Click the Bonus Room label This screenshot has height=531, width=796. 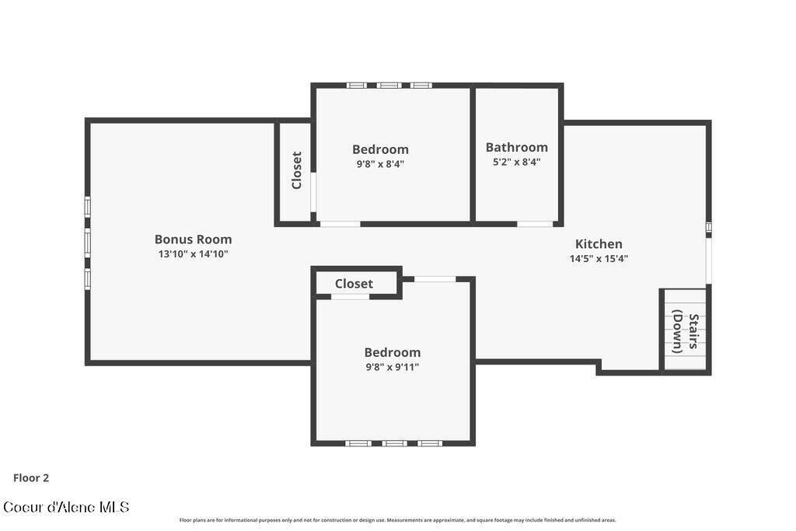pyautogui.click(x=193, y=239)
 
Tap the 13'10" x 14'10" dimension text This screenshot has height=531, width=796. pyautogui.click(x=193, y=254)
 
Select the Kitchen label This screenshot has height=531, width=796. pyautogui.click(x=599, y=244)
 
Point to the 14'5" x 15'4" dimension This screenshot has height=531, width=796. pyautogui.click(x=599, y=259)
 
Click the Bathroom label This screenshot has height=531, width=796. pyautogui.click(x=516, y=147)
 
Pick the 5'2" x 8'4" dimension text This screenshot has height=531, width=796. pyautogui.click(x=516, y=162)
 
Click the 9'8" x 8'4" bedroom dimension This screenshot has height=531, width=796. pyautogui.click(x=380, y=164)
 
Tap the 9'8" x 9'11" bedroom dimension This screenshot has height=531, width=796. pyautogui.click(x=393, y=367)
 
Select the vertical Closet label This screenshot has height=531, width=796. pyautogui.click(x=296, y=170)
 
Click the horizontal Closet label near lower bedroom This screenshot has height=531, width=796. pyautogui.click(x=354, y=284)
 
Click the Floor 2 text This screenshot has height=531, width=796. pyautogui.click(x=31, y=478)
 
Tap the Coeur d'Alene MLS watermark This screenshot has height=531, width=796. pyautogui.click(x=66, y=507)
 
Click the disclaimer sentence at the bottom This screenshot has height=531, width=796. pyautogui.click(x=397, y=520)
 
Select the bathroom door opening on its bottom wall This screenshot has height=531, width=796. pyautogui.click(x=535, y=224)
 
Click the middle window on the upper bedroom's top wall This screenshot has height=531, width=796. pyautogui.click(x=389, y=85)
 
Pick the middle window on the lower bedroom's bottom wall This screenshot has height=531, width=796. pyautogui.click(x=394, y=443)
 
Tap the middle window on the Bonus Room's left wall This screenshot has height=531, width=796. pyautogui.click(x=88, y=243)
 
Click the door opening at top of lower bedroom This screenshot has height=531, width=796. pyautogui.click(x=435, y=279)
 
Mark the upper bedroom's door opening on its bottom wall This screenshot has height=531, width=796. pyautogui.click(x=340, y=224)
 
